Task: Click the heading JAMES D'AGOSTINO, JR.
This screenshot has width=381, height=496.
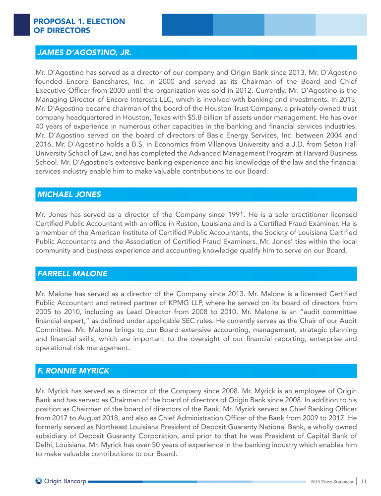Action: pyautogui.click(x=84, y=52)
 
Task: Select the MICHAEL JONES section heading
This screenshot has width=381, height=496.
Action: pyautogui.click(x=69, y=194)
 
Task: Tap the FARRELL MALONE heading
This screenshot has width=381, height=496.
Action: pyautogui.click(x=72, y=273)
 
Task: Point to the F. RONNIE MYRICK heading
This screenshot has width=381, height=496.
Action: pyautogui.click(x=73, y=371)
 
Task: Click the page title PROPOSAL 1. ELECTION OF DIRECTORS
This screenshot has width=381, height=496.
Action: pyautogui.click(x=79, y=26)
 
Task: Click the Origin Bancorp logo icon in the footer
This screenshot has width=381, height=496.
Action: pyautogui.click(x=39, y=481)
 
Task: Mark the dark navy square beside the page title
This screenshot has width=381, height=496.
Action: pyautogui.click(x=21, y=24)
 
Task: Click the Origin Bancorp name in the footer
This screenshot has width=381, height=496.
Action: pyautogui.click(x=65, y=481)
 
